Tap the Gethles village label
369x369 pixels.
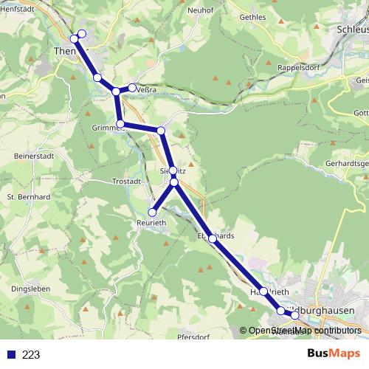(x=253, y=16)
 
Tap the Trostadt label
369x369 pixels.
(x=125, y=181)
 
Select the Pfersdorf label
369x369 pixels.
(x=194, y=336)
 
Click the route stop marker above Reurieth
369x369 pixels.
(x=153, y=213)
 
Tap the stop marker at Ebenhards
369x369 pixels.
(x=213, y=238)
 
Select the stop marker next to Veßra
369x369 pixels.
(x=132, y=88)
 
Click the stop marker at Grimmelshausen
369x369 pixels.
(x=120, y=124)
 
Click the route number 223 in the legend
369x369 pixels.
(x=31, y=354)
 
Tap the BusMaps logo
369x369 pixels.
(x=334, y=354)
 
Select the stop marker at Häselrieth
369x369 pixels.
(x=263, y=292)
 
